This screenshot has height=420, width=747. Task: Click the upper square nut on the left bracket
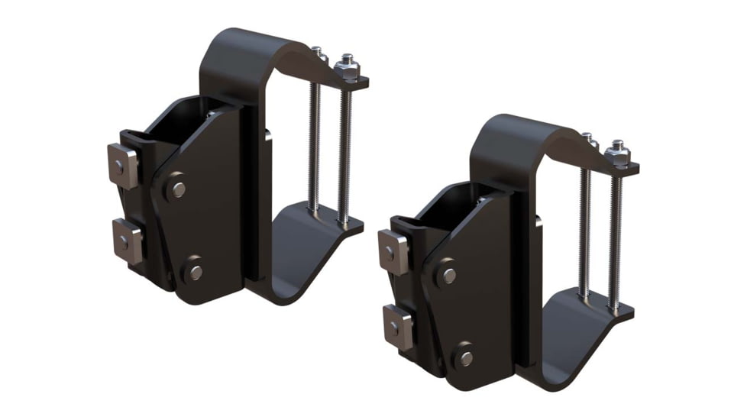[123, 164]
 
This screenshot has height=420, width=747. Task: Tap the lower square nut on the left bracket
[126, 240]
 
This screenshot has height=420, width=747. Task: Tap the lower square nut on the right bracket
[397, 326]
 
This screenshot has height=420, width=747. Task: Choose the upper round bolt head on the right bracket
[448, 274]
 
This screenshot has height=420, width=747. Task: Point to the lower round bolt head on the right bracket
[464, 357]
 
